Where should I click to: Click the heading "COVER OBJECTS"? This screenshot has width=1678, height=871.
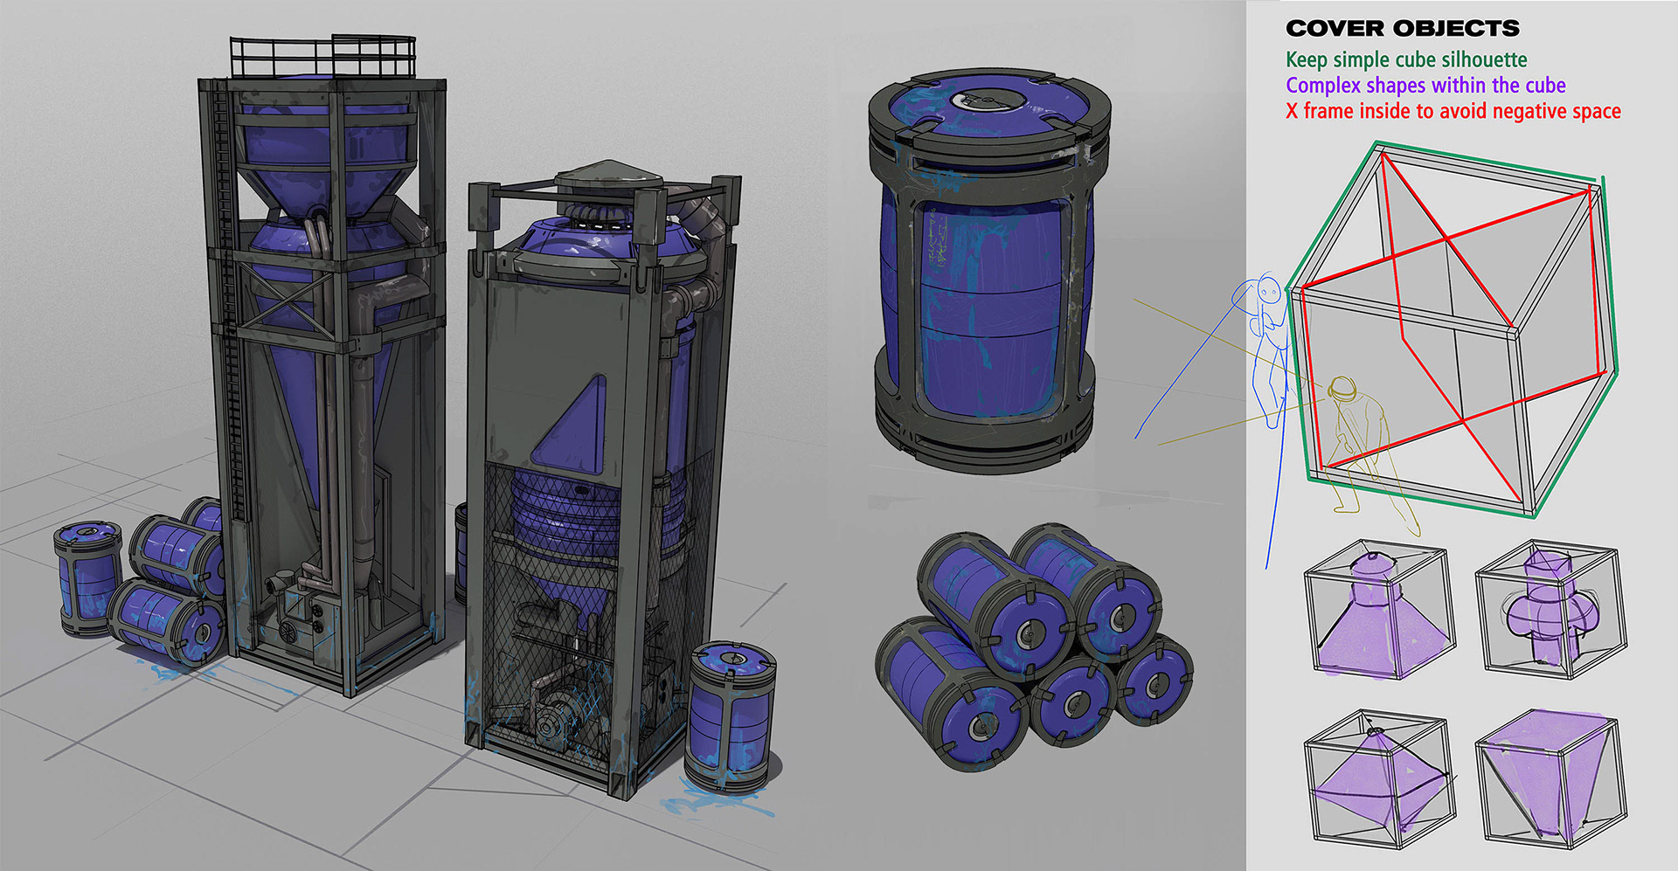click(1402, 29)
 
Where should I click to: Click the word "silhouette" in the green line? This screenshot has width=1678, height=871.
click(1484, 59)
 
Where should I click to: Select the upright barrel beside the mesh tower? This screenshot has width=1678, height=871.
click(730, 716)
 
